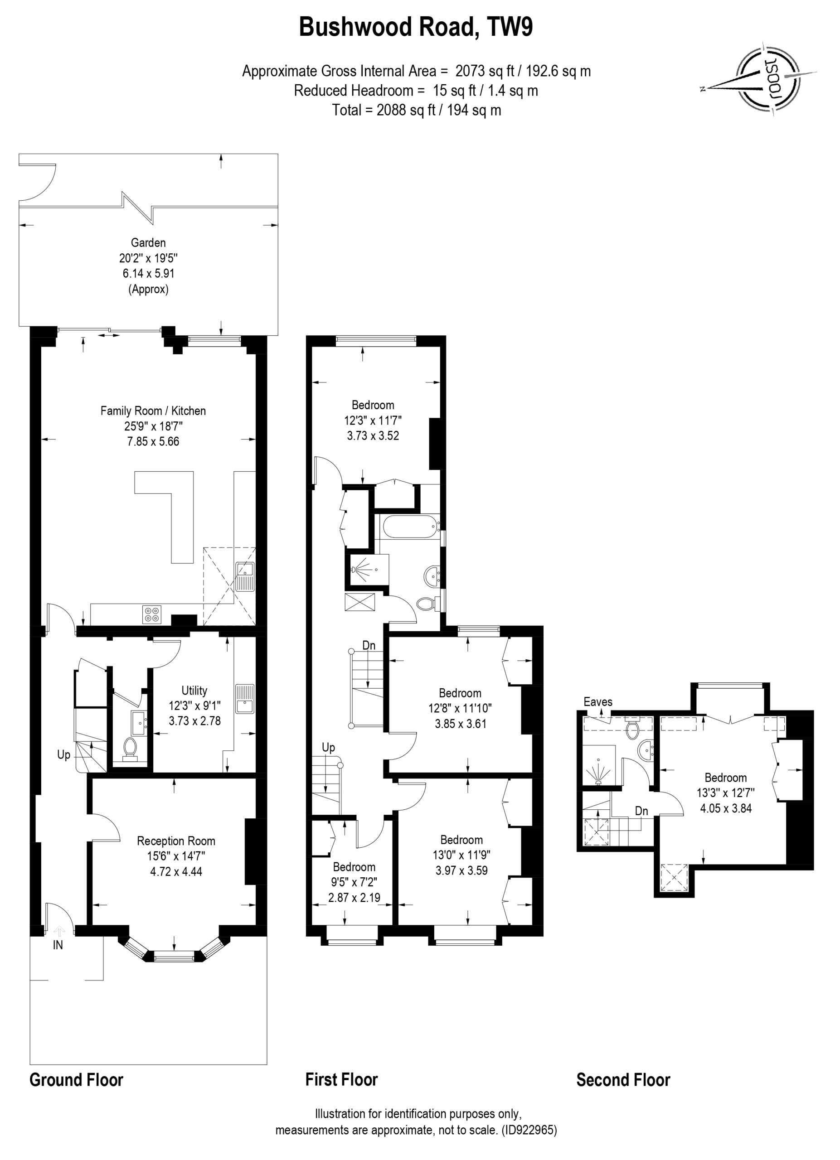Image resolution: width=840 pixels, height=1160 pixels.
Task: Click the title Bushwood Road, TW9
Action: (415, 27)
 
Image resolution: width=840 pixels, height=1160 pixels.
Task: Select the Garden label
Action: (148, 242)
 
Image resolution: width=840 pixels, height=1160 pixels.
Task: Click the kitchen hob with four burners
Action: (152, 614)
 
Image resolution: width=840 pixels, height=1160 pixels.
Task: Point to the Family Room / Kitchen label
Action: (153, 411)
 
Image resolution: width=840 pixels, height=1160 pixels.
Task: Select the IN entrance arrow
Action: (59, 930)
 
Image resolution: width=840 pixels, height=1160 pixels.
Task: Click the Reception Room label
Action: (176, 841)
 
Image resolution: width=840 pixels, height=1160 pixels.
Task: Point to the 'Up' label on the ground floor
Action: (63, 755)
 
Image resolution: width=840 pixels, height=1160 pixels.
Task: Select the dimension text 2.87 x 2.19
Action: (354, 898)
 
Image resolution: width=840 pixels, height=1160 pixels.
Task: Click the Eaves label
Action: (598, 702)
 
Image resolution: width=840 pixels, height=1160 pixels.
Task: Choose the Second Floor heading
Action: (623, 1080)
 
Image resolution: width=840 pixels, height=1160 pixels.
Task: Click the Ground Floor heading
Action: (76, 1080)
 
